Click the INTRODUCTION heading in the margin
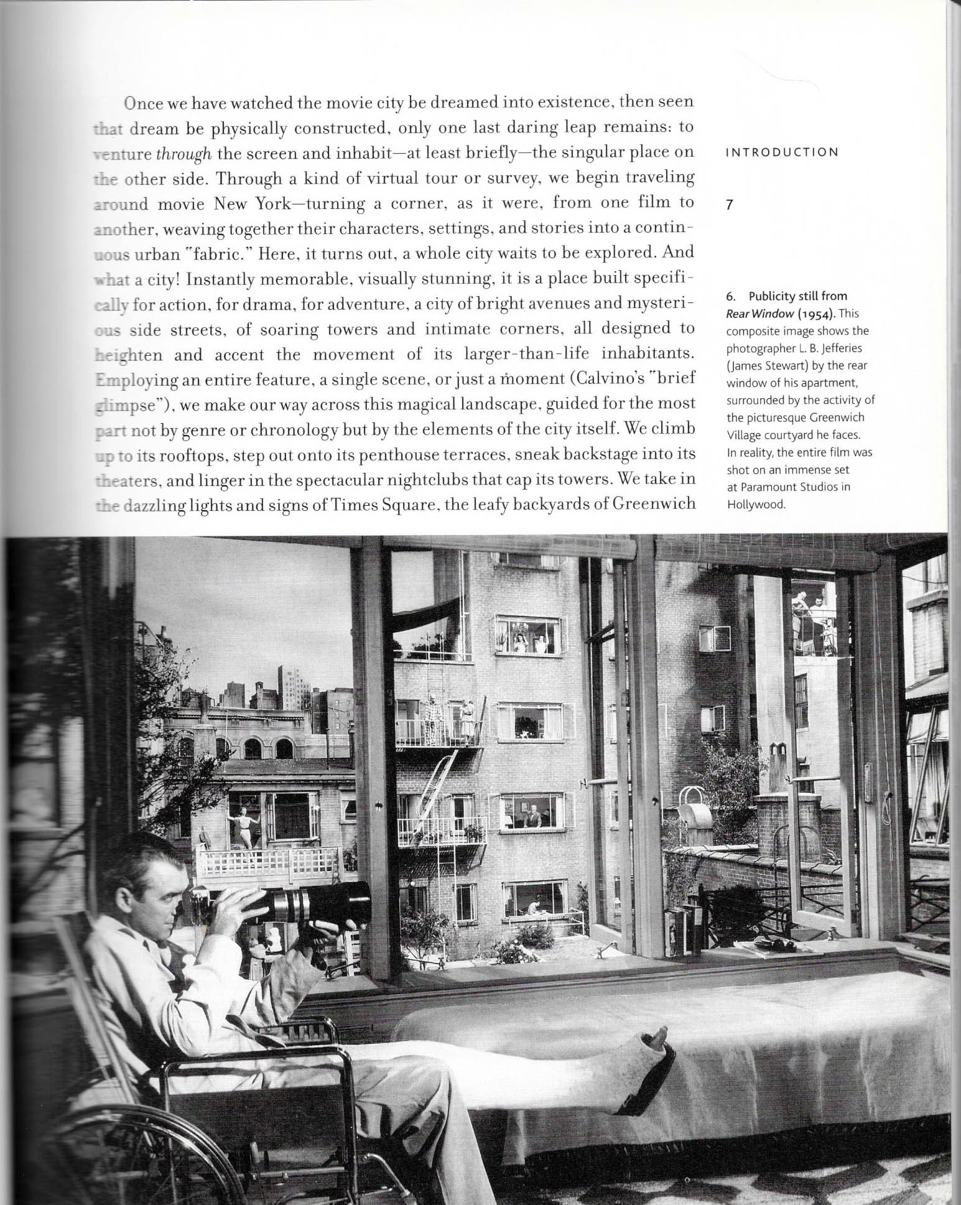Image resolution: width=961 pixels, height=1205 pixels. click(782, 152)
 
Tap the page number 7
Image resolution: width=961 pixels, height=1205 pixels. click(730, 205)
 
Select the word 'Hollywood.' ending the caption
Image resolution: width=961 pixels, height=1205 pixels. click(756, 504)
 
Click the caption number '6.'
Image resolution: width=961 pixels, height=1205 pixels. click(732, 296)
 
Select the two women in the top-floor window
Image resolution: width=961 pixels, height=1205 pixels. click(528, 644)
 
